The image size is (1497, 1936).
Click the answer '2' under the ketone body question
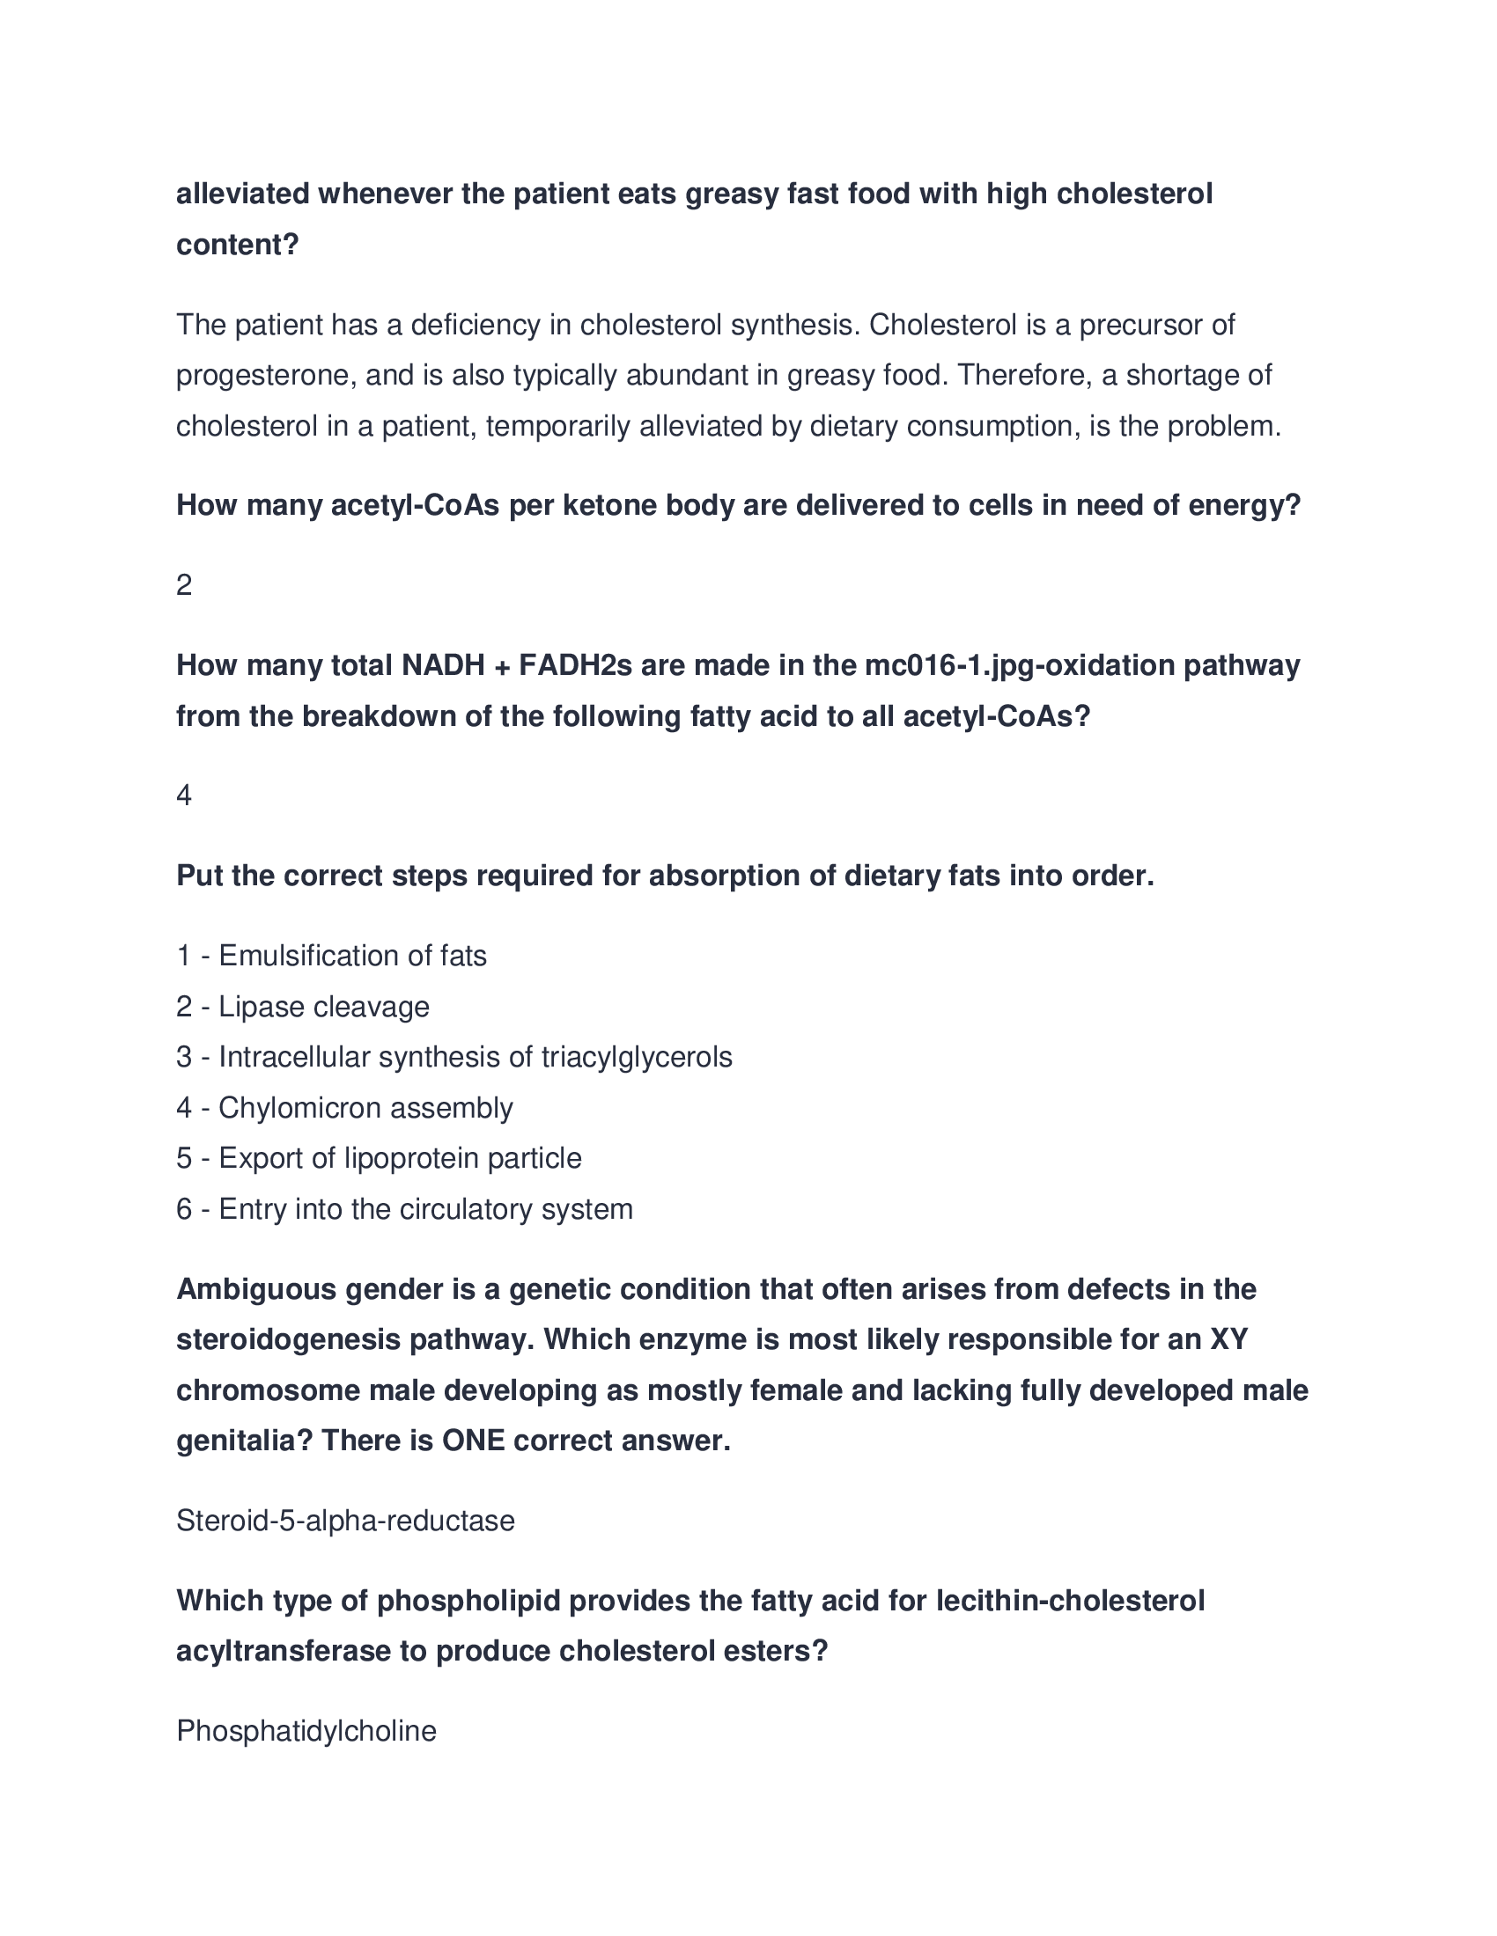coord(183,585)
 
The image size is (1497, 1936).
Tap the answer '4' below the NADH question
coord(183,796)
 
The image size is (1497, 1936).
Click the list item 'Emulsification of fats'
coord(352,956)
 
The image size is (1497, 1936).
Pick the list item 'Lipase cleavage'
coord(324,1007)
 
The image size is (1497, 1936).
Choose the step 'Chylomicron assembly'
coord(365,1108)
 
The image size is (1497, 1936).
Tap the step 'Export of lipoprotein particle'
coord(400,1159)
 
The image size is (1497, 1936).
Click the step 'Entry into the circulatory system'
coord(425,1209)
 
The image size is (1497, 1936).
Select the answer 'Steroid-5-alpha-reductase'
coord(345,1522)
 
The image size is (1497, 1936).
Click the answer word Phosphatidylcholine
coord(306,1731)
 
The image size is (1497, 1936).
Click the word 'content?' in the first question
coord(238,245)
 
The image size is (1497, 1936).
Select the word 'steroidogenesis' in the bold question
coord(287,1339)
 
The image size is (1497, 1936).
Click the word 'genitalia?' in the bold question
coord(245,1441)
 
